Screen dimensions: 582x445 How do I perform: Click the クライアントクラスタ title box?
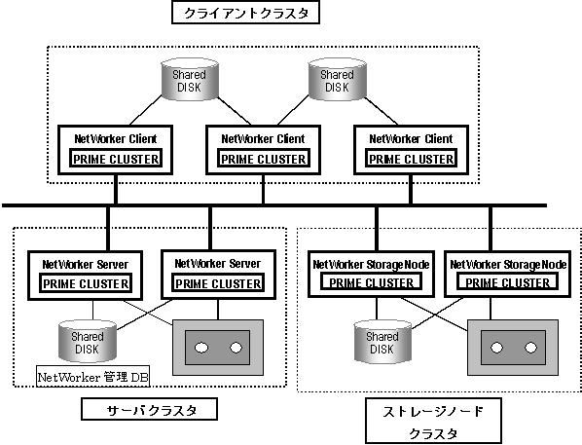tap(245, 13)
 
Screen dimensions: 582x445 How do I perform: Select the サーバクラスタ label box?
tap(149, 409)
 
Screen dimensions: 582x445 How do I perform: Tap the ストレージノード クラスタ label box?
tap(433, 421)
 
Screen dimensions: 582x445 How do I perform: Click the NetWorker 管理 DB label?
tap(92, 377)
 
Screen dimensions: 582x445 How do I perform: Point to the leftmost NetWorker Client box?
tap(115, 150)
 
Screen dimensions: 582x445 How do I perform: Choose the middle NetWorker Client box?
tap(263, 150)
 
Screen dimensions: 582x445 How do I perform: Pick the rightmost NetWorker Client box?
tap(411, 150)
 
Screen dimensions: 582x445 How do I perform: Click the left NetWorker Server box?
tap(85, 276)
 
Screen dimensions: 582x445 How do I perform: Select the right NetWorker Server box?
tap(218, 275)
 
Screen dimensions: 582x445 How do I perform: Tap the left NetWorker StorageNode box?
tap(371, 274)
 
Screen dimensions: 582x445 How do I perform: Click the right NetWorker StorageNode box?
tap(507, 274)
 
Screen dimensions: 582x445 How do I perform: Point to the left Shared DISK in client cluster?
tap(190, 79)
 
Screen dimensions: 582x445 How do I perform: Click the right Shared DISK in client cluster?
tap(338, 79)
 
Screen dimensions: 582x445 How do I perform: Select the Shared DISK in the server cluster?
tap(88, 342)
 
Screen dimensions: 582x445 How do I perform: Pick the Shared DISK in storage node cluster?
tap(382, 342)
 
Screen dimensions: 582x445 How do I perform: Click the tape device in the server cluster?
tap(218, 348)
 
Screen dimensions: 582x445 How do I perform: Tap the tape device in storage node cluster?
tap(513, 348)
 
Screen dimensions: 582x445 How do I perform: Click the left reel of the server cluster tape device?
tap(201, 348)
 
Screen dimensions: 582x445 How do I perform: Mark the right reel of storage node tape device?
tap(530, 348)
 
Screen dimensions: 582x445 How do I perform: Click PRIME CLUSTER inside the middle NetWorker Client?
tap(263, 159)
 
